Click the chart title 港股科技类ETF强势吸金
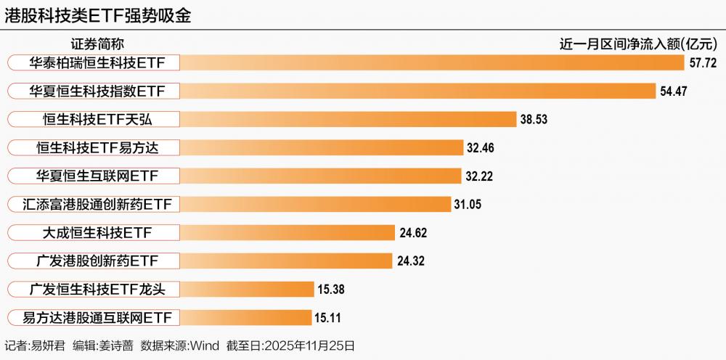(98, 16)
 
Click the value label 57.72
(703, 63)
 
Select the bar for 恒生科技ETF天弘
(348, 120)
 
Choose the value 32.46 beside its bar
(481, 148)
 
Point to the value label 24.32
(410, 261)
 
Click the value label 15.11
(327, 318)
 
